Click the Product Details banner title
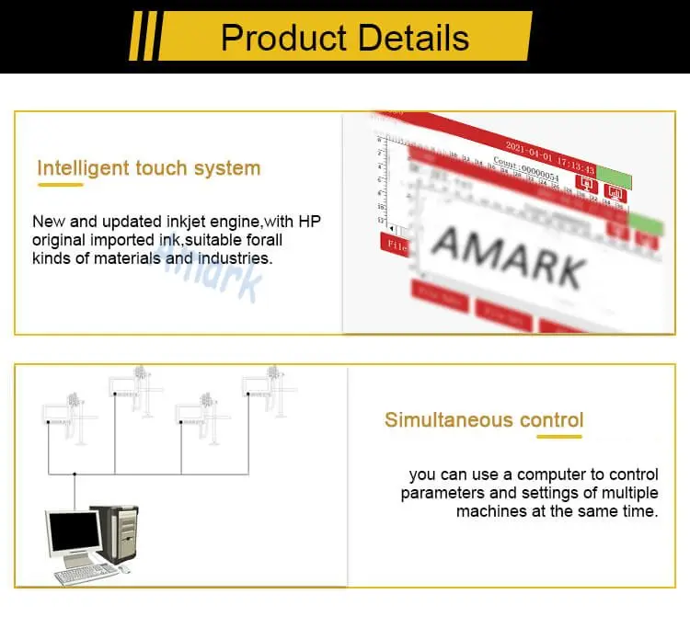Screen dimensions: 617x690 [345, 38]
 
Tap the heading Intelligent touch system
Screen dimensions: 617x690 [148, 168]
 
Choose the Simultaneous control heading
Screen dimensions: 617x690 [484, 420]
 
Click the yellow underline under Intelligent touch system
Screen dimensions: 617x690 [60, 185]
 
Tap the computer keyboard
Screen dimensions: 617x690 [86, 575]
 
